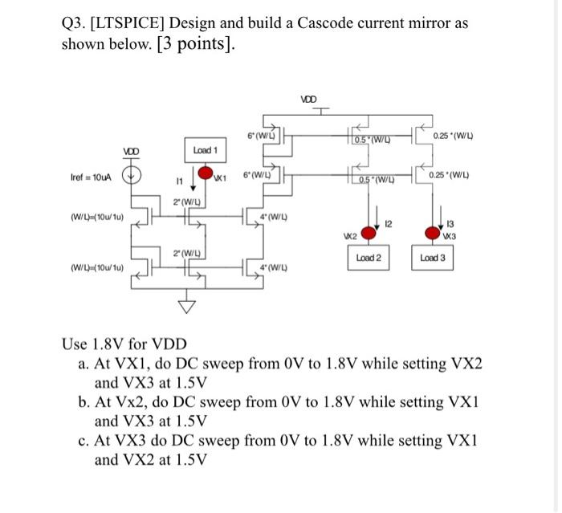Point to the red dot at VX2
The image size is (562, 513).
[x=367, y=234]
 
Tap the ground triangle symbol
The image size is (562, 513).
[x=187, y=305]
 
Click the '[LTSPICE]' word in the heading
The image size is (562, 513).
[x=131, y=22]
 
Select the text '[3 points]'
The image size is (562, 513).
[x=196, y=43]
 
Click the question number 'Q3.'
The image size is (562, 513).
[x=76, y=22]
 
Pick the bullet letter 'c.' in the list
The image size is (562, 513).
[x=84, y=441]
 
